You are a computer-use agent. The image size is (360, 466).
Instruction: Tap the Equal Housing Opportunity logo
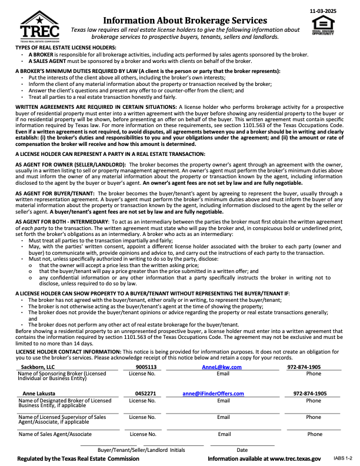pos(322,26)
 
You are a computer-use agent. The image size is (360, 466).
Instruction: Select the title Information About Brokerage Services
pos(185,20)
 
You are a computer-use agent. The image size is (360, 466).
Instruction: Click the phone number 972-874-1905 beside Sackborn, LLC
pos(304,367)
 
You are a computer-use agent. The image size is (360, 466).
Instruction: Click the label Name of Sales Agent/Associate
pos(55,434)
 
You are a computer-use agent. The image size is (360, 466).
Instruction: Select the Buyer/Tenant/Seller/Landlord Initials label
pos(137,450)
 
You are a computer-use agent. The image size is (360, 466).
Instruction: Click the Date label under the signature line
pos(242,450)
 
